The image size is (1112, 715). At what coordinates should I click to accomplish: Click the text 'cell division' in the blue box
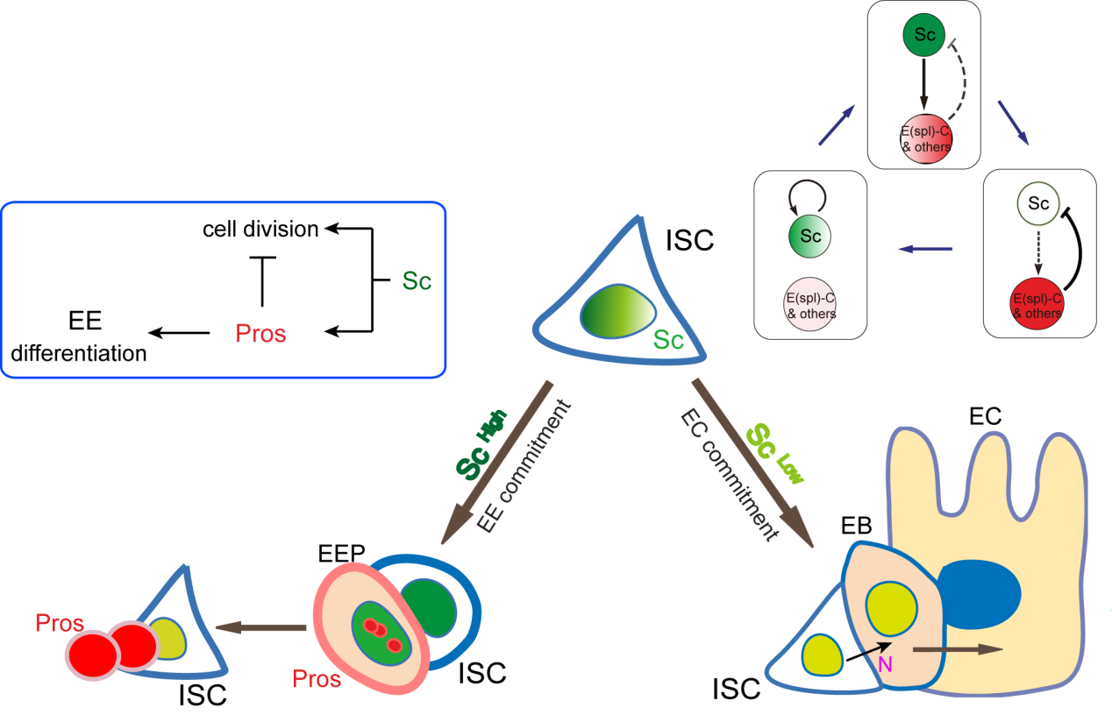pyautogui.click(x=260, y=230)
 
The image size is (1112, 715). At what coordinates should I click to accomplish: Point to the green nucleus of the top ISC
pyautogui.click(x=618, y=310)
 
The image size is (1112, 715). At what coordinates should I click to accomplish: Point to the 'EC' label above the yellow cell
pyautogui.click(x=985, y=418)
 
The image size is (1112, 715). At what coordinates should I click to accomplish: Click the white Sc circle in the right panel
pyautogui.click(x=1039, y=204)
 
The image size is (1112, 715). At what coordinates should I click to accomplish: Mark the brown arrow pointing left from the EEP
pyautogui.click(x=261, y=627)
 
